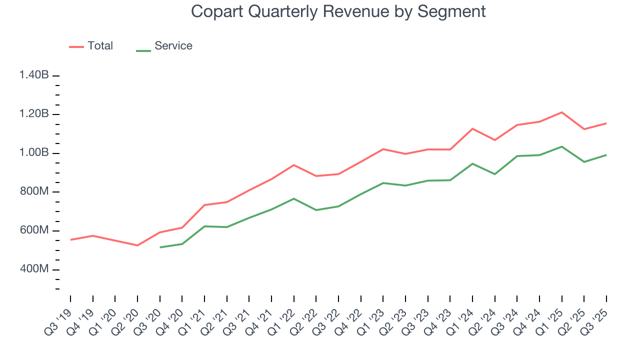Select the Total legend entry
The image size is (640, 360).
99,46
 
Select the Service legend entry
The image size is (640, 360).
173,46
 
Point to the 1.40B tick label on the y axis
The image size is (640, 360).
34,75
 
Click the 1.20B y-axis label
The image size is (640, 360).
34,114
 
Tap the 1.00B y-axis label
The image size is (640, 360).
34,153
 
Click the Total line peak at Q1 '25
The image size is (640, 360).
562,112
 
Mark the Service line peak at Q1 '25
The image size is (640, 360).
562,146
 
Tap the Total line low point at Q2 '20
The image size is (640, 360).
137,245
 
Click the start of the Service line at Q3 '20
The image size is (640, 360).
160,247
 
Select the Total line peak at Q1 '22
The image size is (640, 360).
294,164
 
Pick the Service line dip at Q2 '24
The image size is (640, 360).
495,174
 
